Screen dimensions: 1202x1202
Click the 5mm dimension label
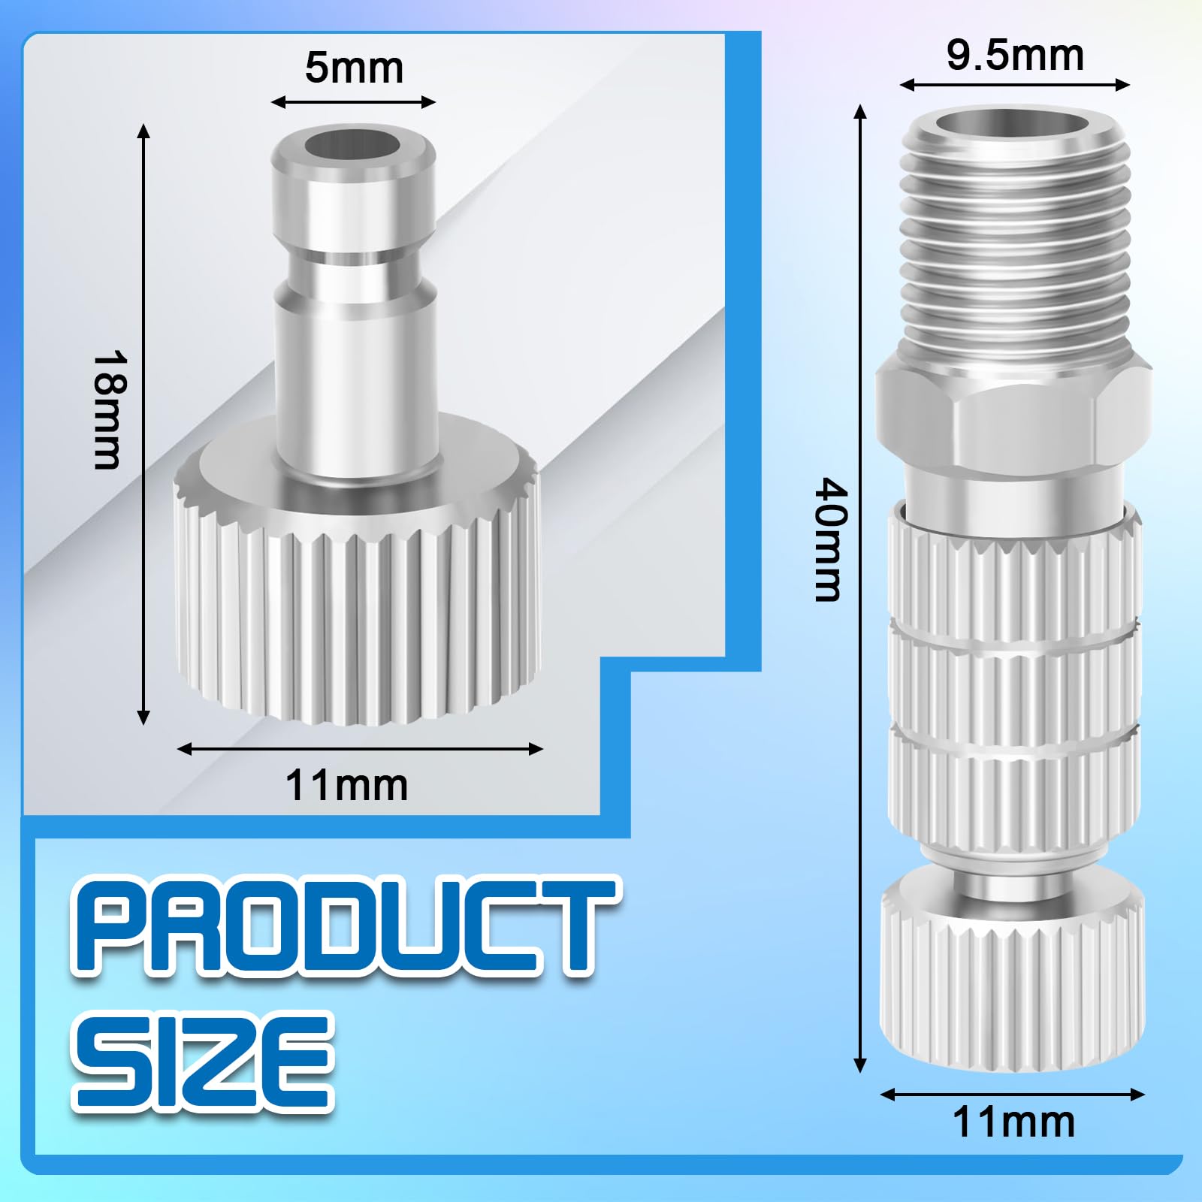pyautogui.click(x=354, y=68)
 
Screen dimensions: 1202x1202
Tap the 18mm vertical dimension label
pyautogui.click(x=106, y=410)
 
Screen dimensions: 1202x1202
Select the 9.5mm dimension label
pyautogui.click(x=1015, y=56)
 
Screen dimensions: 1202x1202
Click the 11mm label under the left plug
pyautogui.click(x=346, y=786)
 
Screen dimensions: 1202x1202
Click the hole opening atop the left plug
pyautogui.click(x=352, y=146)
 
